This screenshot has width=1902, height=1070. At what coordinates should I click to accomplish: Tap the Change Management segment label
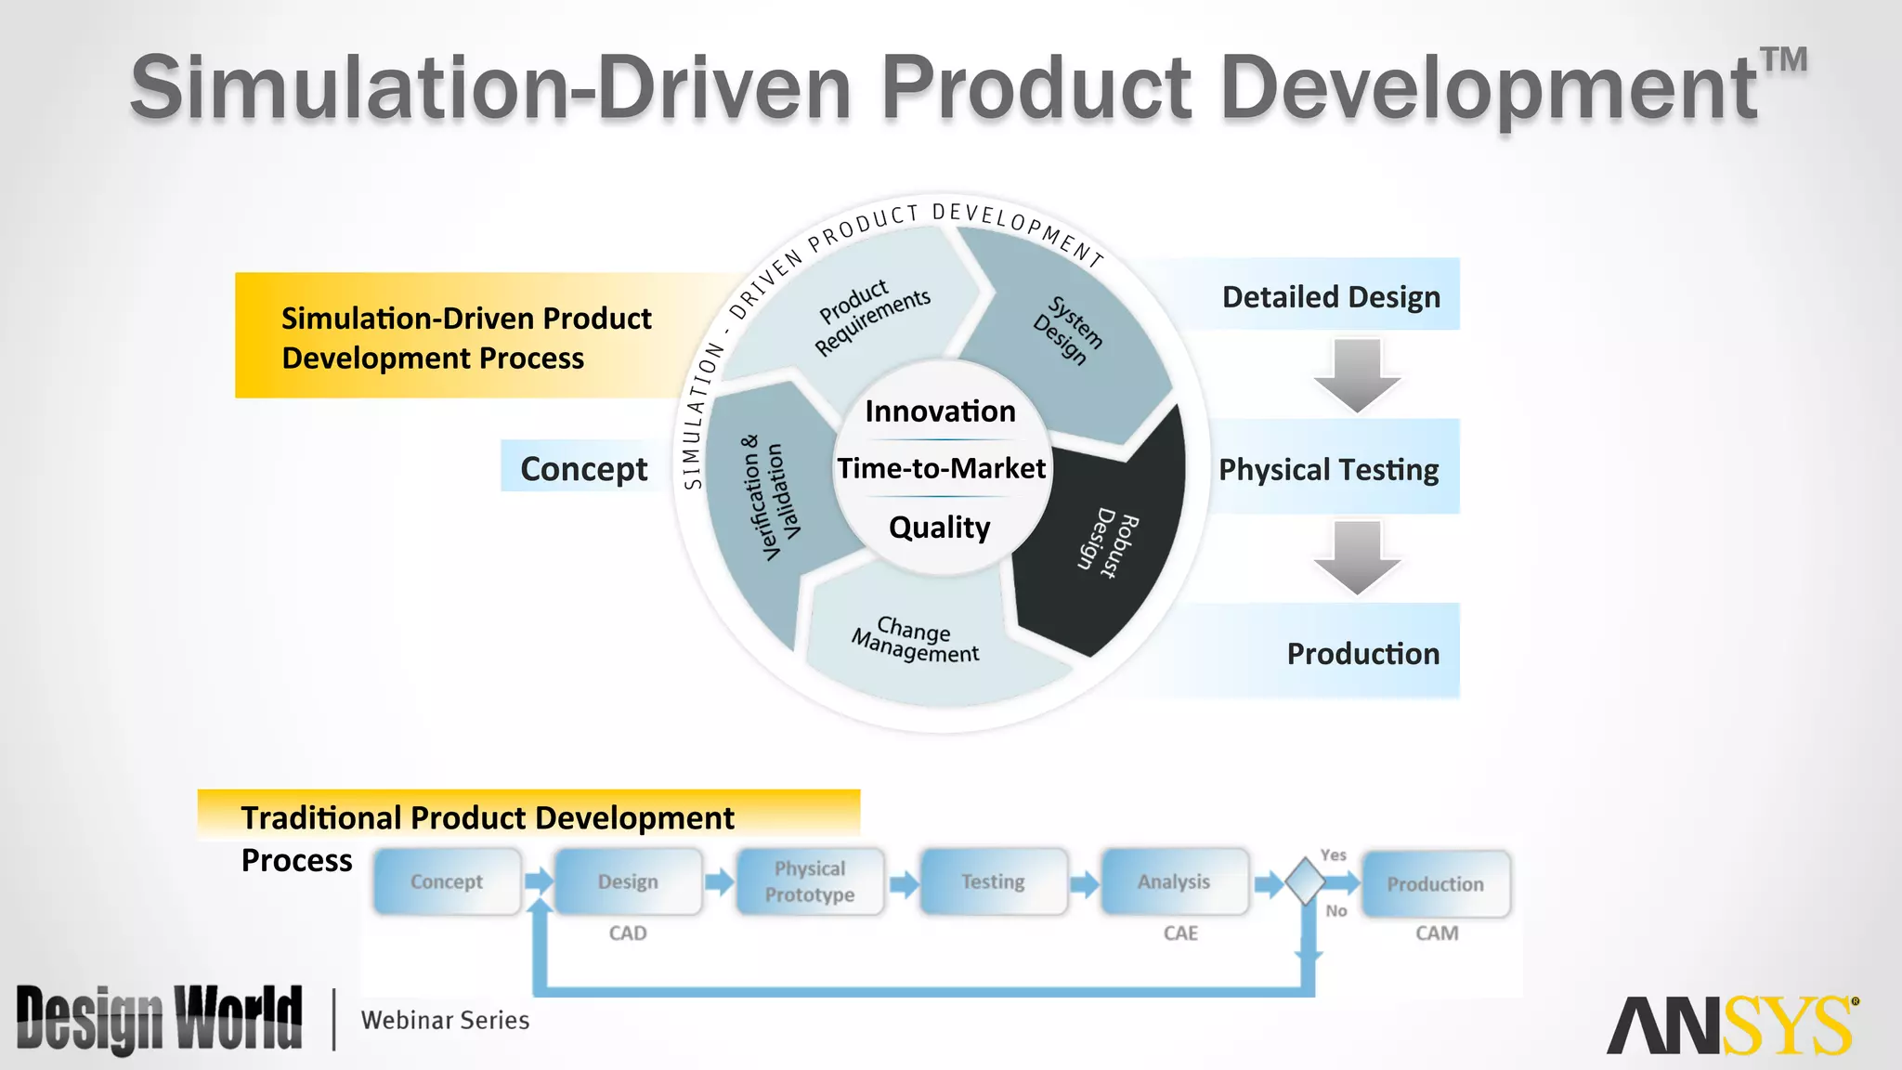pos(915,640)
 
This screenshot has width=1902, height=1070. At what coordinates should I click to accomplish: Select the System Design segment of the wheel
pos(1068,330)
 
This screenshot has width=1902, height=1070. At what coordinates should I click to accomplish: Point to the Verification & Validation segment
pos(771,498)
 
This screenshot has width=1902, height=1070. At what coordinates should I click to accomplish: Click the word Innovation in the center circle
pos(940,411)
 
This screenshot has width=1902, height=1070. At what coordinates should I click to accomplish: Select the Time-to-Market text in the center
pos(941,468)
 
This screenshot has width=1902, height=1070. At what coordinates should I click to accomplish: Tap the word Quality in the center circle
pos(939,528)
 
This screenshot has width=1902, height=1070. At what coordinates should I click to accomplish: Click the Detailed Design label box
pos(1330,297)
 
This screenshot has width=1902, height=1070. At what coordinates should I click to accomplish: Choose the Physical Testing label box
pos(1328,470)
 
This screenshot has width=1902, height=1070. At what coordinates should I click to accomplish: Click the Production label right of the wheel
pos(1361,654)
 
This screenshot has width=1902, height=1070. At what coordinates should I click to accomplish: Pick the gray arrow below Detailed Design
pos(1357,375)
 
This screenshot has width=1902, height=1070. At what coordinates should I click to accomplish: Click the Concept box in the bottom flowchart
pos(447,881)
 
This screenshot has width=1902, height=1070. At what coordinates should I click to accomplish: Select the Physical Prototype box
pos(810,881)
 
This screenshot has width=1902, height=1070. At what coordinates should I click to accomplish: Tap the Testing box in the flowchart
pos(993,881)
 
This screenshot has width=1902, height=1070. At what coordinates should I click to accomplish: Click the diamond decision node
pos(1306,881)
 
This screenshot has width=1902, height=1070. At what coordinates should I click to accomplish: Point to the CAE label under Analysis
pos(1180,933)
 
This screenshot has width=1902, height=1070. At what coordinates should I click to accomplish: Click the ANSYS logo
pos(1732,1025)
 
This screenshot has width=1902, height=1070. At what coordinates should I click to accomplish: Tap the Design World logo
pos(160,1019)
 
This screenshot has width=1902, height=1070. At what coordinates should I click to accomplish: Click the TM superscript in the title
pos(1784,60)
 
